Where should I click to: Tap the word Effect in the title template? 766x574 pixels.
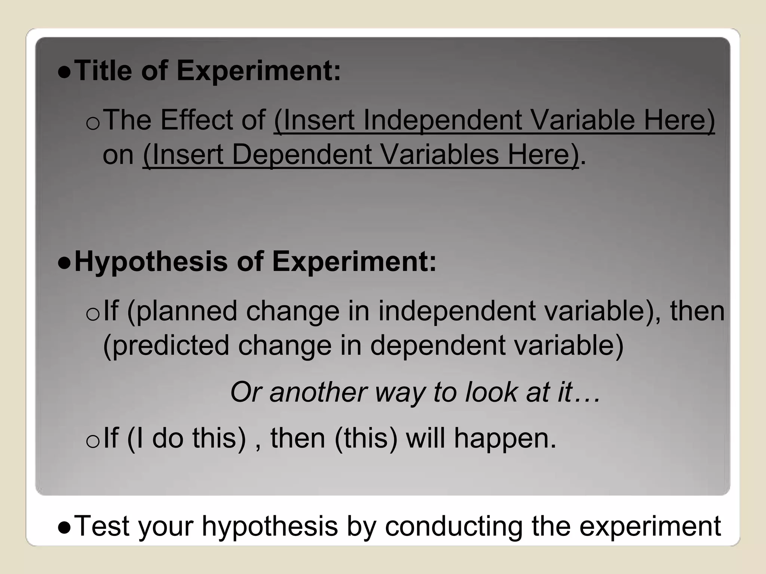(197, 120)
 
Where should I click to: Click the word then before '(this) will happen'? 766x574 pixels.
(298, 438)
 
